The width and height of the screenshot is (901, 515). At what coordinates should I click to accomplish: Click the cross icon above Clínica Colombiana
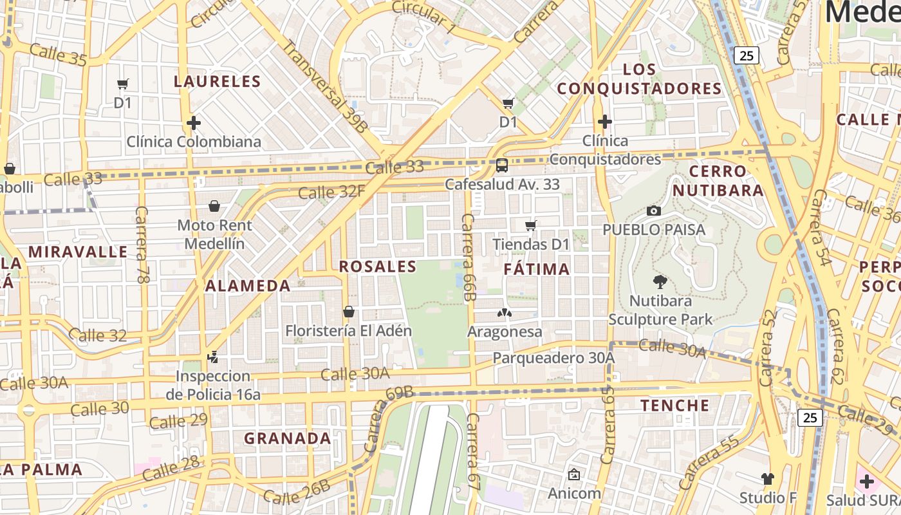pos(193,122)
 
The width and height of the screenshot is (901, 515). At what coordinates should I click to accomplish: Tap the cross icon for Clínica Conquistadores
pos(604,121)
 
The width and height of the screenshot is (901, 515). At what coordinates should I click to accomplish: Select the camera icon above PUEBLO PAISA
pos(654,211)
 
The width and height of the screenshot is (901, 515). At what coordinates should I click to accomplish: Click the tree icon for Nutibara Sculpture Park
pos(660,281)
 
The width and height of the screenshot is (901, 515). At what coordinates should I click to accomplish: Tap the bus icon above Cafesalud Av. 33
pos(502,165)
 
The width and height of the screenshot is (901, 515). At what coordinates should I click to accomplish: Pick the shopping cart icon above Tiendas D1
pos(531,225)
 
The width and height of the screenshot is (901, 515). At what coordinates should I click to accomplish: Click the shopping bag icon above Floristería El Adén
pos(348,312)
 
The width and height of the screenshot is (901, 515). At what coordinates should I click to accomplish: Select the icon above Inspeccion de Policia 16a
pos(212,357)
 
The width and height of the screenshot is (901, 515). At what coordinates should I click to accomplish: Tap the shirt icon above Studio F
pos(767,478)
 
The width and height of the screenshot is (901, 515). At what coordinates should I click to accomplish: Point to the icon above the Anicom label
pos(573,474)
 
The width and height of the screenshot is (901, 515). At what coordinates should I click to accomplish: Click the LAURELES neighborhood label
pos(217,82)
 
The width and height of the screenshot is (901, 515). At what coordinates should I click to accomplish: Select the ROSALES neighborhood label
pos(378,267)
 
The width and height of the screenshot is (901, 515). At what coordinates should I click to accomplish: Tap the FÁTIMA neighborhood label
pos(537,269)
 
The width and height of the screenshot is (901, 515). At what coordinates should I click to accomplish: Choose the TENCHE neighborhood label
pos(674,406)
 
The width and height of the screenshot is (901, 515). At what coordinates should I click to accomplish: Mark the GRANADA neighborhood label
pos(287,438)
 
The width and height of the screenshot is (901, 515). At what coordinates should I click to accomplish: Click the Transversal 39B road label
pos(325,87)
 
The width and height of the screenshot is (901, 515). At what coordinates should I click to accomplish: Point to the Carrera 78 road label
pos(142,245)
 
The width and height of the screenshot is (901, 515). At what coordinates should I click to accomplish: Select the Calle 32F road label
pos(331,192)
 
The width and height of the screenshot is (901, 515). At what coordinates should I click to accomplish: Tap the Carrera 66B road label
pos(468,257)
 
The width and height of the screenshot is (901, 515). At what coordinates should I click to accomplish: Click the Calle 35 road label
pos(58,55)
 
